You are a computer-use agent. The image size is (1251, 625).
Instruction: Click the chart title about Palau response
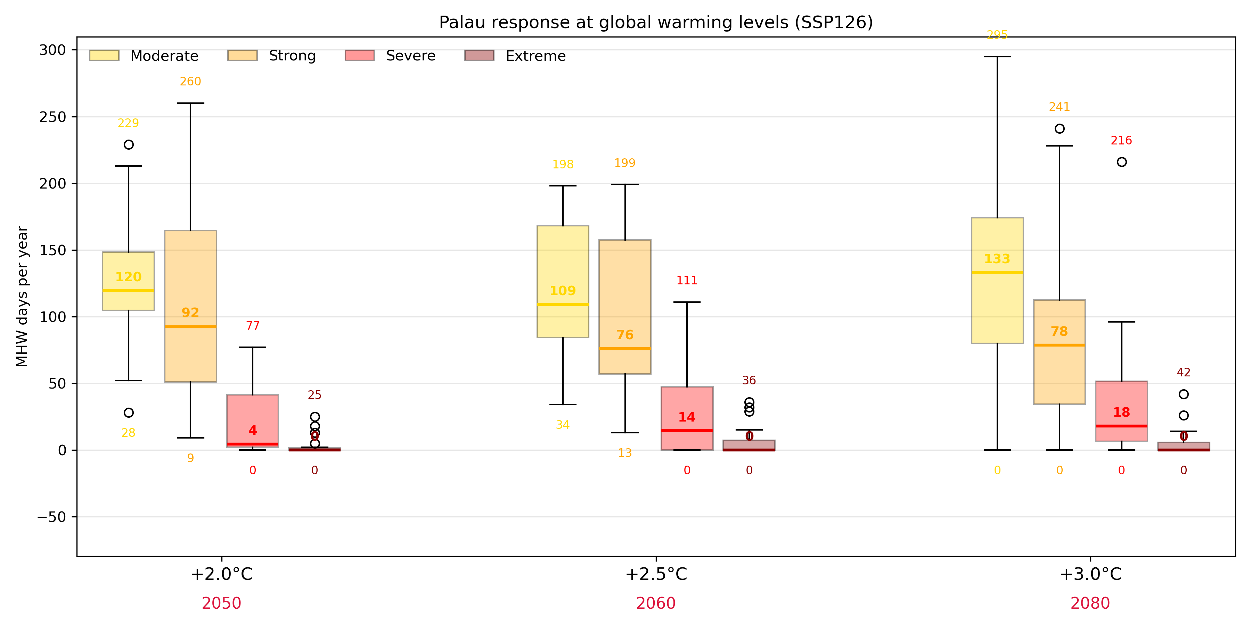(656, 22)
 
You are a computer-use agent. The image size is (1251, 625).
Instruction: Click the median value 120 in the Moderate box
(128, 277)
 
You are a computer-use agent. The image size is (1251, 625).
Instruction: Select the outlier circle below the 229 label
(129, 144)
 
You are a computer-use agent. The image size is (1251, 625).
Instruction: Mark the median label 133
(997, 259)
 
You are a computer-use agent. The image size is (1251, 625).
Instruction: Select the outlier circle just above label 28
(129, 413)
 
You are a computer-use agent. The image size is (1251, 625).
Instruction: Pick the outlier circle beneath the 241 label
(1060, 128)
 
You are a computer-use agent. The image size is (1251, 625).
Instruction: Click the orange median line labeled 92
(190, 327)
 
